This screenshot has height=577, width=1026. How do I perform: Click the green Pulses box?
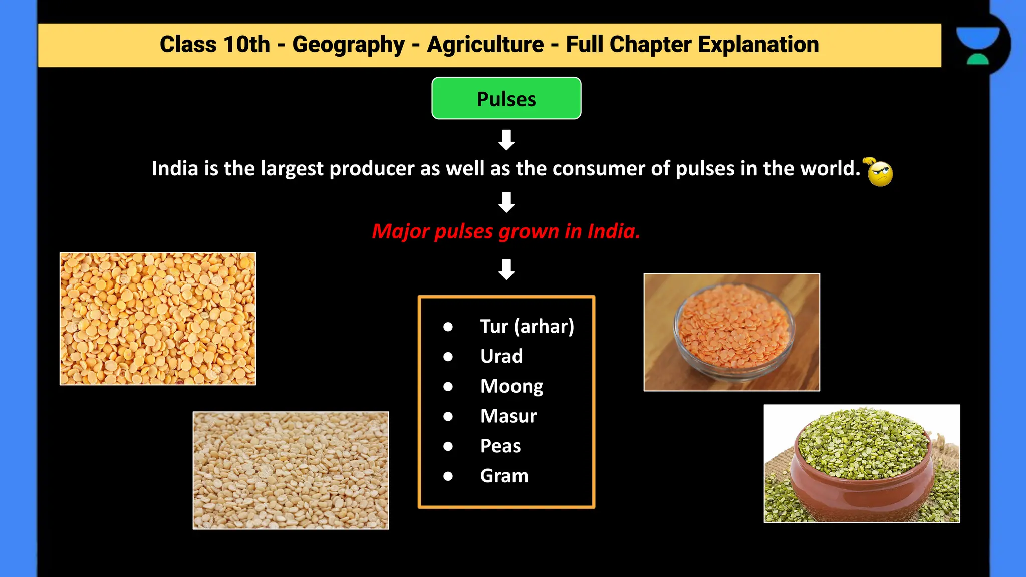[x=506, y=98]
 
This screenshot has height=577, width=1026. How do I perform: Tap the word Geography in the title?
[x=348, y=44]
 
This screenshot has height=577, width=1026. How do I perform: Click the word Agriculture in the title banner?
[x=485, y=44]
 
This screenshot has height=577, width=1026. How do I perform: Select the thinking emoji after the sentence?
[x=879, y=172]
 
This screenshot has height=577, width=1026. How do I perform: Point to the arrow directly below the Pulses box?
[x=506, y=140]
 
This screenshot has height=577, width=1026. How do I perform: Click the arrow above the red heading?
[x=506, y=202]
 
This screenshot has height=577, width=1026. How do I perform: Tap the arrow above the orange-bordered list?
[x=506, y=269]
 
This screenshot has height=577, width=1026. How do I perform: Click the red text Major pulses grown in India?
[x=506, y=231]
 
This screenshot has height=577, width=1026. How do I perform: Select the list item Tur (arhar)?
[x=527, y=326]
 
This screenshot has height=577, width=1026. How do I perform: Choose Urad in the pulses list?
[x=501, y=356]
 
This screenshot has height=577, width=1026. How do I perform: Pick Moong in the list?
[x=511, y=386]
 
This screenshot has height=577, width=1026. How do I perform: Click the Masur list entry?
[x=508, y=416]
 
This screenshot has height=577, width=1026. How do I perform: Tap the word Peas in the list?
[x=500, y=446]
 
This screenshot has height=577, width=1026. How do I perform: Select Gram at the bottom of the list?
[x=504, y=476]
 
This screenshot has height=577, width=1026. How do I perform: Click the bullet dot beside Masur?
[x=448, y=416]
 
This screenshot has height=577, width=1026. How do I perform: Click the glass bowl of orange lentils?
[x=733, y=331]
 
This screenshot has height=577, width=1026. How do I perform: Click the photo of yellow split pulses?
[x=158, y=319]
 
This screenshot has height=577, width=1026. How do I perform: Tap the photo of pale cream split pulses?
[x=291, y=470]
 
